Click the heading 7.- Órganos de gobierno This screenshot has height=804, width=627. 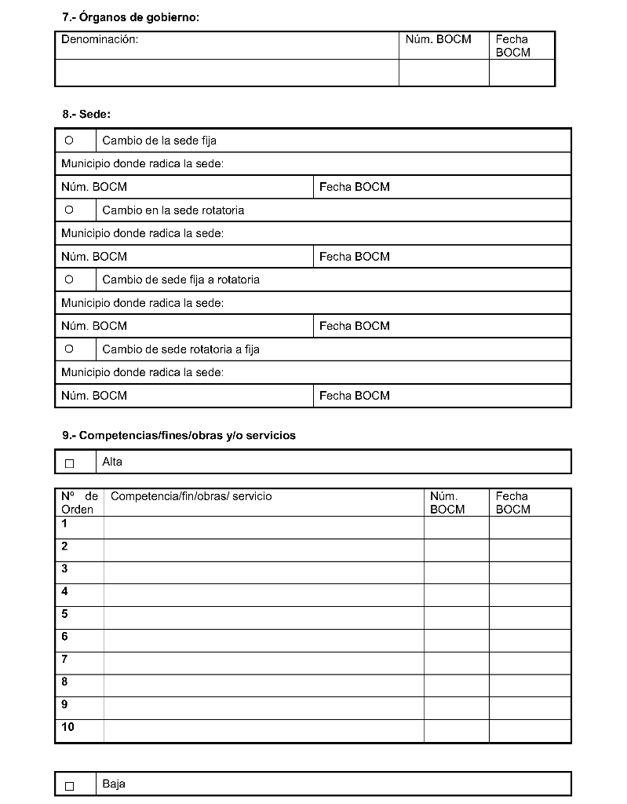130,16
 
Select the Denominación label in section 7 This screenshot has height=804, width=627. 100,39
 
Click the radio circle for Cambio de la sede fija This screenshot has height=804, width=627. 69,141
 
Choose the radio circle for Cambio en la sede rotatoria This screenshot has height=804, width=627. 69,210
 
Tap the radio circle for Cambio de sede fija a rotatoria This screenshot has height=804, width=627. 69,280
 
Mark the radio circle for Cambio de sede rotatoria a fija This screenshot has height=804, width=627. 69,349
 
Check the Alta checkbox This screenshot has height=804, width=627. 69,463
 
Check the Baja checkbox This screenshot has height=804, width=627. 69,785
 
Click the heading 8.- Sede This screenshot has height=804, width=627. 86,114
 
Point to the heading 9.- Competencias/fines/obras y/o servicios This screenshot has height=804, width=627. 179,435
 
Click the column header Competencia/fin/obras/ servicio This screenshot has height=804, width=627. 191,496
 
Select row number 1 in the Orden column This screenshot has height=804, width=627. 64,524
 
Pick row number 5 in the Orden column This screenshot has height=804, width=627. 64,614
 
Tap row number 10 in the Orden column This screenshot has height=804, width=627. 67,727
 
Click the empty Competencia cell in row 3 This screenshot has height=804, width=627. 264,572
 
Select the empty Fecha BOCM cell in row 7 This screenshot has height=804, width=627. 530,663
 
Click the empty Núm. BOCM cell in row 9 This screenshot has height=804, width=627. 456,708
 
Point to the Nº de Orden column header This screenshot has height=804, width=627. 79,502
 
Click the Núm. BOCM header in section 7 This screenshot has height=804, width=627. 438,39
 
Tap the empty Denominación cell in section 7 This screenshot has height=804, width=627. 227,72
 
